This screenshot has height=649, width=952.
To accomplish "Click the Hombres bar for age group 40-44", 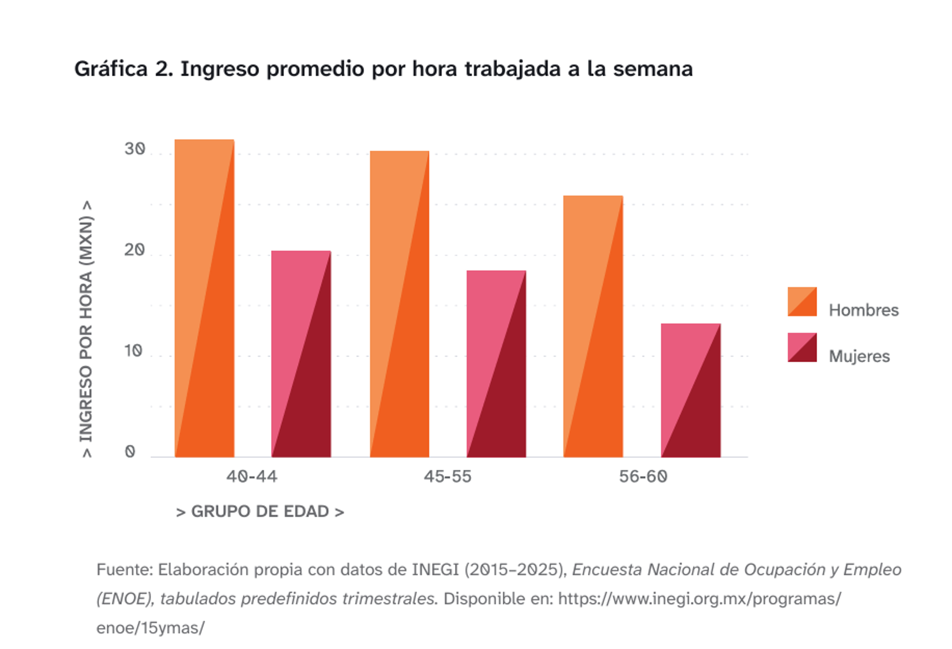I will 204,298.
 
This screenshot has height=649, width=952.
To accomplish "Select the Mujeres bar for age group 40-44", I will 301,354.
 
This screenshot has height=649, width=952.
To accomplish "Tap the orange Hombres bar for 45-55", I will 400,304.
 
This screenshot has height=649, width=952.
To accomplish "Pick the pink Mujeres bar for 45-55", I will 496,363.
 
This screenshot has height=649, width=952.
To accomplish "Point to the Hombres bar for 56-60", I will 593,327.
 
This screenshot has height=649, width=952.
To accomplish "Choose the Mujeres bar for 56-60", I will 691,390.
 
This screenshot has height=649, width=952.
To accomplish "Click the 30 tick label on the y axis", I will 134,149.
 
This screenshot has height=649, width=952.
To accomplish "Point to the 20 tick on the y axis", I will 134,250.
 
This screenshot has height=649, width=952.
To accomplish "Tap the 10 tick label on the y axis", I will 133,351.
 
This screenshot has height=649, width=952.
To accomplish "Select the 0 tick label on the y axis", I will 130,452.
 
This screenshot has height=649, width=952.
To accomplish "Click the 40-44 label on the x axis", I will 251,477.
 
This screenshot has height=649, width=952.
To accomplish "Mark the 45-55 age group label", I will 447,477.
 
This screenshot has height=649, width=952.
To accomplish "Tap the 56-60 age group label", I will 643,477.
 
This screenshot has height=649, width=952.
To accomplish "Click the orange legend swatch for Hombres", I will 802,302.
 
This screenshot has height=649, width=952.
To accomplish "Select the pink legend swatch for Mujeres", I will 802,347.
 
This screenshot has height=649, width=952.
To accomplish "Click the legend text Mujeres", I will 859,357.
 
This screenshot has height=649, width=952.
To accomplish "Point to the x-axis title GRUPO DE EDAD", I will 260,512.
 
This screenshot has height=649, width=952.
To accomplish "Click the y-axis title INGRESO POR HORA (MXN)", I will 86,329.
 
